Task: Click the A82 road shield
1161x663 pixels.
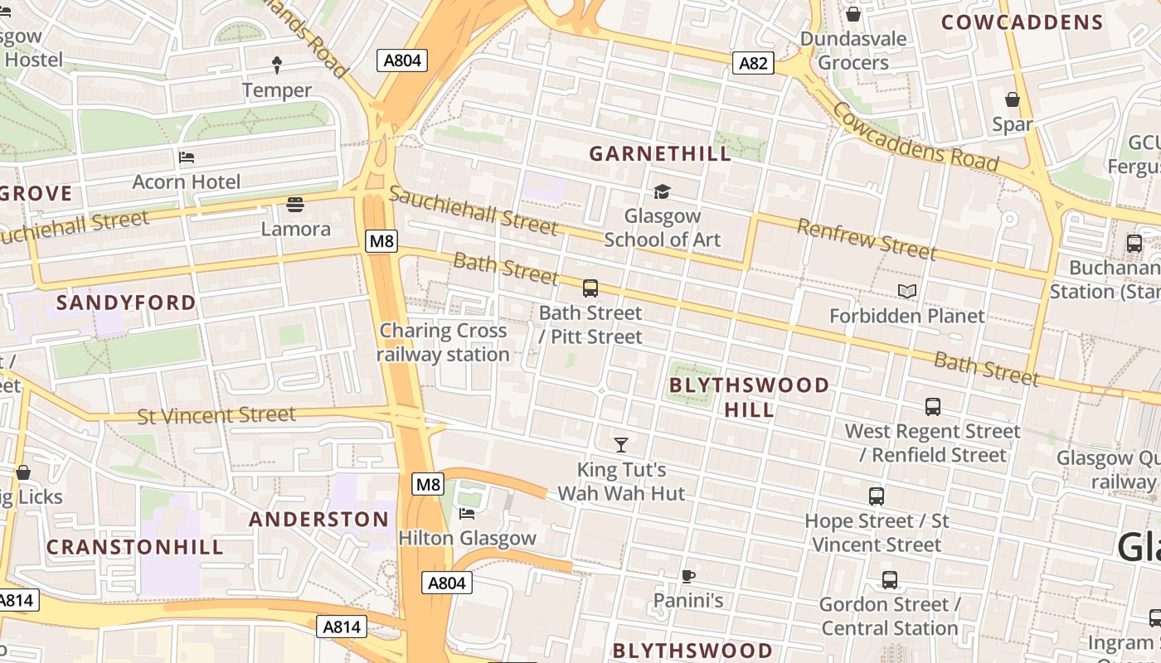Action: coord(753,63)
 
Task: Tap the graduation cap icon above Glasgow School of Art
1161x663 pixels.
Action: coord(662,192)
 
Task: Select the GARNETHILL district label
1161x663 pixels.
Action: coord(660,153)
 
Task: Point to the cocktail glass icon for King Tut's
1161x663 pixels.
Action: coord(620,445)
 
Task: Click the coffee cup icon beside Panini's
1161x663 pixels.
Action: coord(687,576)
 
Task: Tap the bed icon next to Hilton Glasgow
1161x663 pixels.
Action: coord(467,514)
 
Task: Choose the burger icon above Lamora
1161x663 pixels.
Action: coord(294,204)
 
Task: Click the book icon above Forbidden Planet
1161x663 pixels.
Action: coord(907,292)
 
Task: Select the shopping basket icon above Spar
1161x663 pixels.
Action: coord(1013,100)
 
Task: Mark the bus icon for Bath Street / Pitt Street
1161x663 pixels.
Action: coord(590,288)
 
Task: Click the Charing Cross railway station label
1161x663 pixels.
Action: coord(443,342)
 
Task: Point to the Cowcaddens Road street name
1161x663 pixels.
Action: coord(916,137)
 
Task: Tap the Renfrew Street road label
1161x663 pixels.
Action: coord(867,239)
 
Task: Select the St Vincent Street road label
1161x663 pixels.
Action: coord(216,414)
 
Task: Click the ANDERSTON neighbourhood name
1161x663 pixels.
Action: coord(318,520)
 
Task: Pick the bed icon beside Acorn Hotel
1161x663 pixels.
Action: coord(187,157)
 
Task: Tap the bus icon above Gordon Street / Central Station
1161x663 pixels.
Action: coord(890,580)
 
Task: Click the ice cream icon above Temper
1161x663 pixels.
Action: coord(277,65)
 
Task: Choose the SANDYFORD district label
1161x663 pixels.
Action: coord(126,302)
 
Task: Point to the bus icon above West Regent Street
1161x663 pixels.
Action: coord(933,407)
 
